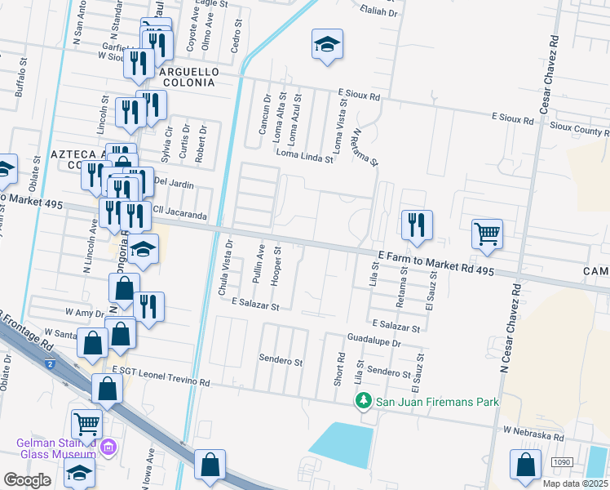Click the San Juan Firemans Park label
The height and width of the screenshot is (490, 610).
pyautogui.click(x=436, y=402)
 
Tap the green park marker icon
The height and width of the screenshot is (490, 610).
pyautogui.click(x=364, y=402)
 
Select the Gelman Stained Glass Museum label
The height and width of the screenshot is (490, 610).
pyautogui.click(x=55, y=448)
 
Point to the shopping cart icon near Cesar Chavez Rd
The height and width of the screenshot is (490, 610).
pyautogui.click(x=487, y=234)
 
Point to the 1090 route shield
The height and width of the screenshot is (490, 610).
pyautogui.click(x=561, y=463)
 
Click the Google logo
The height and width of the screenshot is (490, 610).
pyautogui.click(x=27, y=479)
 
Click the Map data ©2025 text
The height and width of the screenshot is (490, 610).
pyautogui.click(x=576, y=483)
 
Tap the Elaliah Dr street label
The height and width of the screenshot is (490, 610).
pyautogui.click(x=377, y=13)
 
